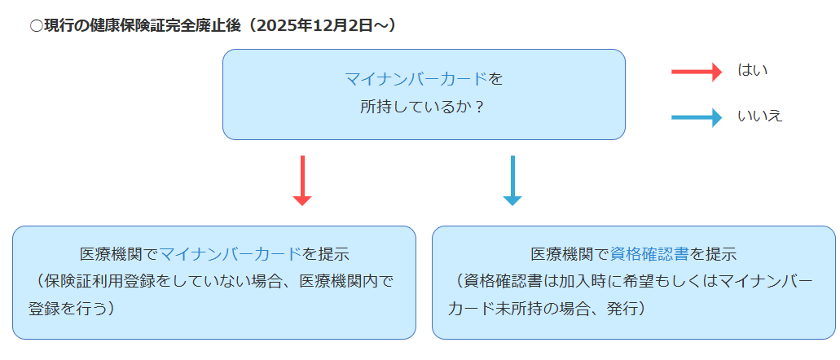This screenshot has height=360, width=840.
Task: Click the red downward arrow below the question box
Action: [302, 180]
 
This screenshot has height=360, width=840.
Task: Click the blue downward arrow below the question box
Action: [512, 180]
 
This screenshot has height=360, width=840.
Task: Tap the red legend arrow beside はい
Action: [697, 72]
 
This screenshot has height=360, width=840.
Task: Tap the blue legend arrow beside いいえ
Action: [697, 117]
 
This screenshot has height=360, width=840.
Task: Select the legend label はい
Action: [752, 71]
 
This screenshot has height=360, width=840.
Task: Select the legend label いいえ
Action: [759, 116]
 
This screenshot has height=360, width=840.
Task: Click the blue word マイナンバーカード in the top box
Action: [416, 79]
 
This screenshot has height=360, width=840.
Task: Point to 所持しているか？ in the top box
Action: [423, 107]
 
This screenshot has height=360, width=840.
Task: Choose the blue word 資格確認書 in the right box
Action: [649, 253]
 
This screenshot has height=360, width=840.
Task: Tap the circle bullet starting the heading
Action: [36, 26]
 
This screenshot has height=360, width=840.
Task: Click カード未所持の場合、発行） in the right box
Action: [547, 310]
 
